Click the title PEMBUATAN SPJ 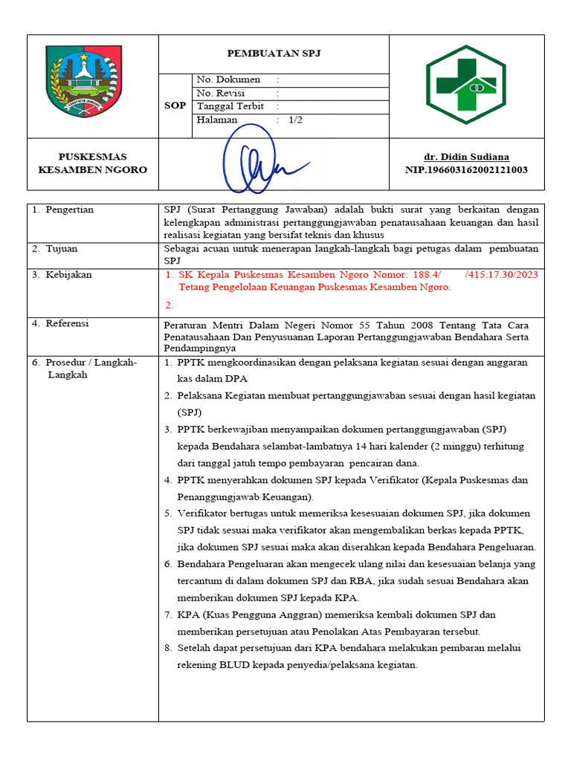tap(273, 54)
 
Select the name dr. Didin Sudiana tap(466, 157)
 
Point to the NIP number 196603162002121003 tap(466, 169)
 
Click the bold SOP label tap(175, 106)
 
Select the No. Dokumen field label tap(228, 80)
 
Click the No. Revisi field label tap(224, 93)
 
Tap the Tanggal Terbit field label tap(230, 106)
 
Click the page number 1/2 tap(295, 120)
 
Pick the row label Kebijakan tap(68, 275)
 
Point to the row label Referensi tap(67, 323)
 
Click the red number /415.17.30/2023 tap(501, 275)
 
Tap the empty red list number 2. tap(169, 305)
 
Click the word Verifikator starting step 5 tap(204, 514)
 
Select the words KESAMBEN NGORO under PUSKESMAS tap(93, 169)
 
